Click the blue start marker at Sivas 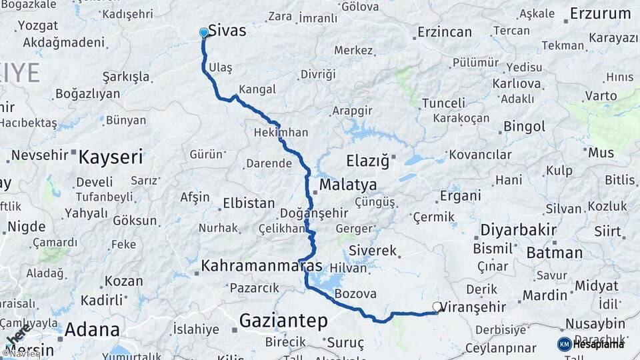[x=204, y=32]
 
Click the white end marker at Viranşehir [x=437, y=307]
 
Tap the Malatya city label [x=347, y=185]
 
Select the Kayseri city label [x=111, y=157]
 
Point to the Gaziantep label [x=283, y=321]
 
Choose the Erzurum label [x=600, y=14]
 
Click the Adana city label [x=92, y=329]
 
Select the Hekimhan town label [x=281, y=133]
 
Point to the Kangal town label [x=257, y=89]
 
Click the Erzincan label [x=445, y=32]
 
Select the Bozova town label [x=355, y=293]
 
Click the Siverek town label [x=373, y=251]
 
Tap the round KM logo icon [x=564, y=344]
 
